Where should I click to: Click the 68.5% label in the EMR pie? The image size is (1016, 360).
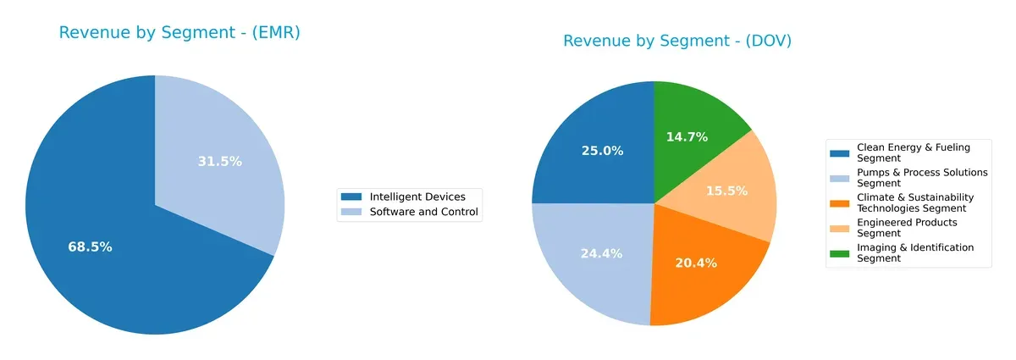(x=90, y=247)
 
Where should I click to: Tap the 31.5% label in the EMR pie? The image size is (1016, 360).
(x=219, y=162)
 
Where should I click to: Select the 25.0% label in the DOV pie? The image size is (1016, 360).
(x=602, y=151)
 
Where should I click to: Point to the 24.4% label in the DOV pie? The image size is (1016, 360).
(x=602, y=253)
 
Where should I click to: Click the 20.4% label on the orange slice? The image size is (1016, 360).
(x=695, y=263)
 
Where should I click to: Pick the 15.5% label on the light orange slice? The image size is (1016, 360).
(x=726, y=191)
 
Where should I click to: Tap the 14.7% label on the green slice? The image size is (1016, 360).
(x=687, y=136)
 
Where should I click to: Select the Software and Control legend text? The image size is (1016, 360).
(x=423, y=212)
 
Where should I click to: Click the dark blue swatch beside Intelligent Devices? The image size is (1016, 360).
(x=351, y=197)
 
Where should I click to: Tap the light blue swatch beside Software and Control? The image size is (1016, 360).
(x=351, y=212)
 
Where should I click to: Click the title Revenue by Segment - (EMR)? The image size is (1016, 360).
(x=179, y=33)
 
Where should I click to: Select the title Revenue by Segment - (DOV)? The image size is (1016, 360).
(x=677, y=41)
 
